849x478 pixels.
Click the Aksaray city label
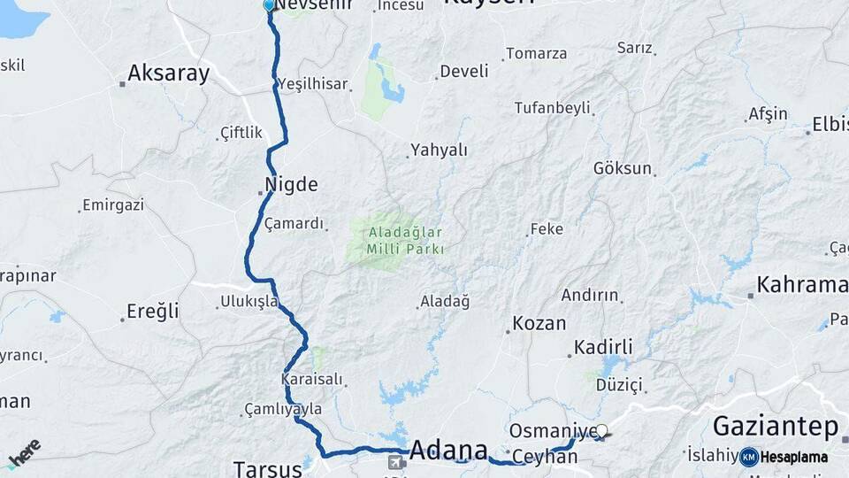[x=168, y=73]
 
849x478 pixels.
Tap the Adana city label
[x=448, y=449]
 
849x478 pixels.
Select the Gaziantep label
[x=775, y=427]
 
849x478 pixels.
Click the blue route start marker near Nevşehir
[x=269, y=5]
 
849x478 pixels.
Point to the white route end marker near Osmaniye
[x=602, y=431]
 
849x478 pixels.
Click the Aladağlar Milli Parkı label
[x=406, y=241]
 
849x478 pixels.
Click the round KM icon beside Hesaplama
[x=749, y=457]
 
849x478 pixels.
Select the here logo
[x=24, y=453]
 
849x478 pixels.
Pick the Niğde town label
[x=291, y=186]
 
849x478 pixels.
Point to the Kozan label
[x=539, y=324]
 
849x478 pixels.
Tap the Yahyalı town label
[x=440, y=150]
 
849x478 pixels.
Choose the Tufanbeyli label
[x=552, y=108]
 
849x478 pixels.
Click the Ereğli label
[x=153, y=311]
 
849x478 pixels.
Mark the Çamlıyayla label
[x=284, y=410]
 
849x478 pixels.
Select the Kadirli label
[x=603, y=347]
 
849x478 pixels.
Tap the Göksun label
[x=623, y=168]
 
